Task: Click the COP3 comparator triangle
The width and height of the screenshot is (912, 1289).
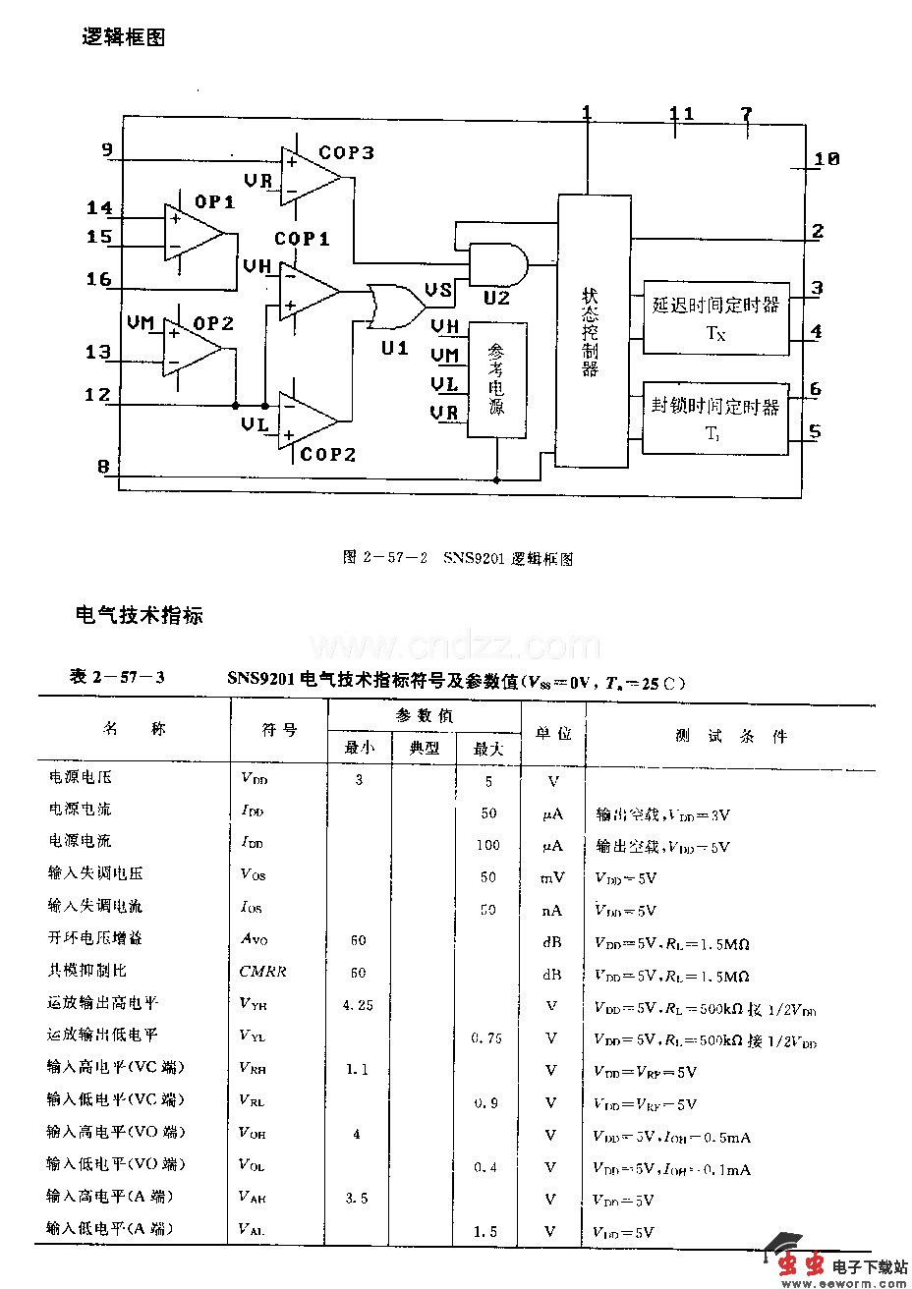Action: [308, 177]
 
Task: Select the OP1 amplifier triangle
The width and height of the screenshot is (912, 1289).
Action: [193, 234]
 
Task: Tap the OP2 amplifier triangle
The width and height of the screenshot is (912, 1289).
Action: [192, 348]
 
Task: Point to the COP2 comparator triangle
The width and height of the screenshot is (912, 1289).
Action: [306, 420]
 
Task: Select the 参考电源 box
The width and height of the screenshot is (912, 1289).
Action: [496, 379]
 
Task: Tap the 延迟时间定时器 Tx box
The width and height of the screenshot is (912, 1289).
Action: [715, 317]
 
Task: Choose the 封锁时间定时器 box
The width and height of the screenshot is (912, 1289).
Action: [714, 418]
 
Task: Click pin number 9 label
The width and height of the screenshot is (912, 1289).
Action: [107, 150]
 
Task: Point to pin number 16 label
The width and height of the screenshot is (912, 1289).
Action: [99, 279]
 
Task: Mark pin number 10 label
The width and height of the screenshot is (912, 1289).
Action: [826, 158]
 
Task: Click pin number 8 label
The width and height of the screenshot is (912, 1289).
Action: [103, 467]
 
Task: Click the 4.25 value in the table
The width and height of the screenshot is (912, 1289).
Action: [358, 1005]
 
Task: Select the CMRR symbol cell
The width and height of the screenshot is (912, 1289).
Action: [263, 972]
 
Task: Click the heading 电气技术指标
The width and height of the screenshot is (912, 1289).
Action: [140, 616]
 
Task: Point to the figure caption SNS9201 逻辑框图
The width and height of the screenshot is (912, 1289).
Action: [458, 559]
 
